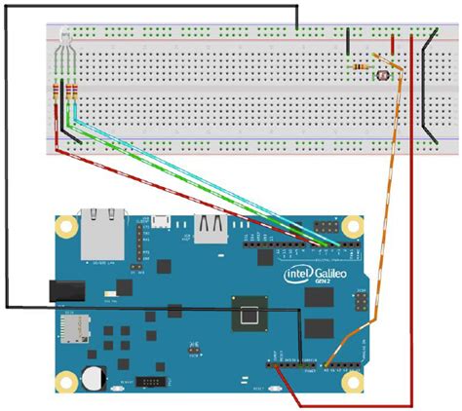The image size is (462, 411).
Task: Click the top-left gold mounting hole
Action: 65,227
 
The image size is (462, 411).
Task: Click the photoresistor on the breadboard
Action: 384,70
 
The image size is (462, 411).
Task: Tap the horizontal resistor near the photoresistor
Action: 363,66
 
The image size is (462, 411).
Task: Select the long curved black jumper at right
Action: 425,88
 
